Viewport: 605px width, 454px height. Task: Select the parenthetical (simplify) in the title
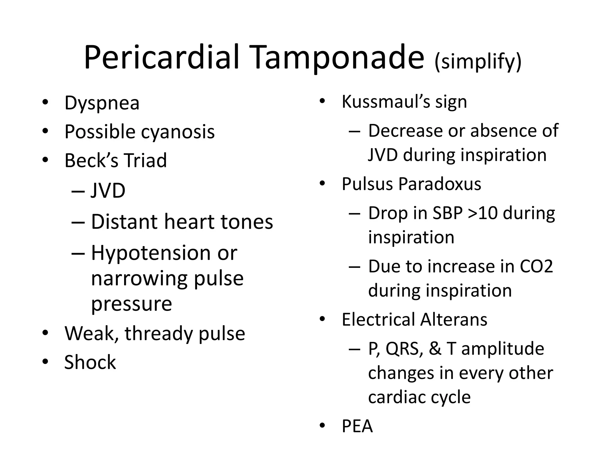(478, 62)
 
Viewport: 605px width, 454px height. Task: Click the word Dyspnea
(102, 103)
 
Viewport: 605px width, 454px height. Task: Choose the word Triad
(145, 160)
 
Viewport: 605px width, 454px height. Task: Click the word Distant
(124, 222)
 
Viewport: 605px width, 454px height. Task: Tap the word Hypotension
(150, 253)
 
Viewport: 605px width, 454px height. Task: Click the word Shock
(90, 362)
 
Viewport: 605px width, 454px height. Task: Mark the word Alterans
(454, 320)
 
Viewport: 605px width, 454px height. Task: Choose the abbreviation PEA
(357, 426)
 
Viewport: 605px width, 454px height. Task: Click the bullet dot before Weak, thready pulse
(45, 333)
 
